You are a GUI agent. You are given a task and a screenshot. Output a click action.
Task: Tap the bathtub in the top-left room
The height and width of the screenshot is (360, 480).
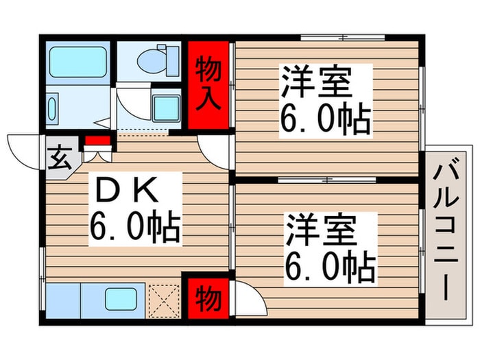(79, 61)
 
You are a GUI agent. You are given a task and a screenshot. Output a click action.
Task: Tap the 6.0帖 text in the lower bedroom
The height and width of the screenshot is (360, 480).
(330, 267)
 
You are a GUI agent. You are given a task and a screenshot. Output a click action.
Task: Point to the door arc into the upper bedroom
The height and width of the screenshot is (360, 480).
(214, 148)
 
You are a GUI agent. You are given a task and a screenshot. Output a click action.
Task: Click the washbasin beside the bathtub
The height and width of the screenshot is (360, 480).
(56, 110)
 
